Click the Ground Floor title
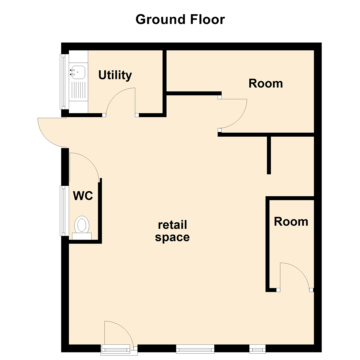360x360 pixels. coord(180,20)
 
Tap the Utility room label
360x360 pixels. coord(115,75)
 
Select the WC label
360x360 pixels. coord(83,196)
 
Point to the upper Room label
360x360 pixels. coord(266,83)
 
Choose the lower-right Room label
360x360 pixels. coord(291,221)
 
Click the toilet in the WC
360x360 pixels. coord(82,225)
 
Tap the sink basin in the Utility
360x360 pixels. coord(78,72)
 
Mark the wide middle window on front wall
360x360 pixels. coord(195,349)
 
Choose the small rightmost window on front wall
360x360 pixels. coord(257,349)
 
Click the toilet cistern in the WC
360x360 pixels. coord(82,236)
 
